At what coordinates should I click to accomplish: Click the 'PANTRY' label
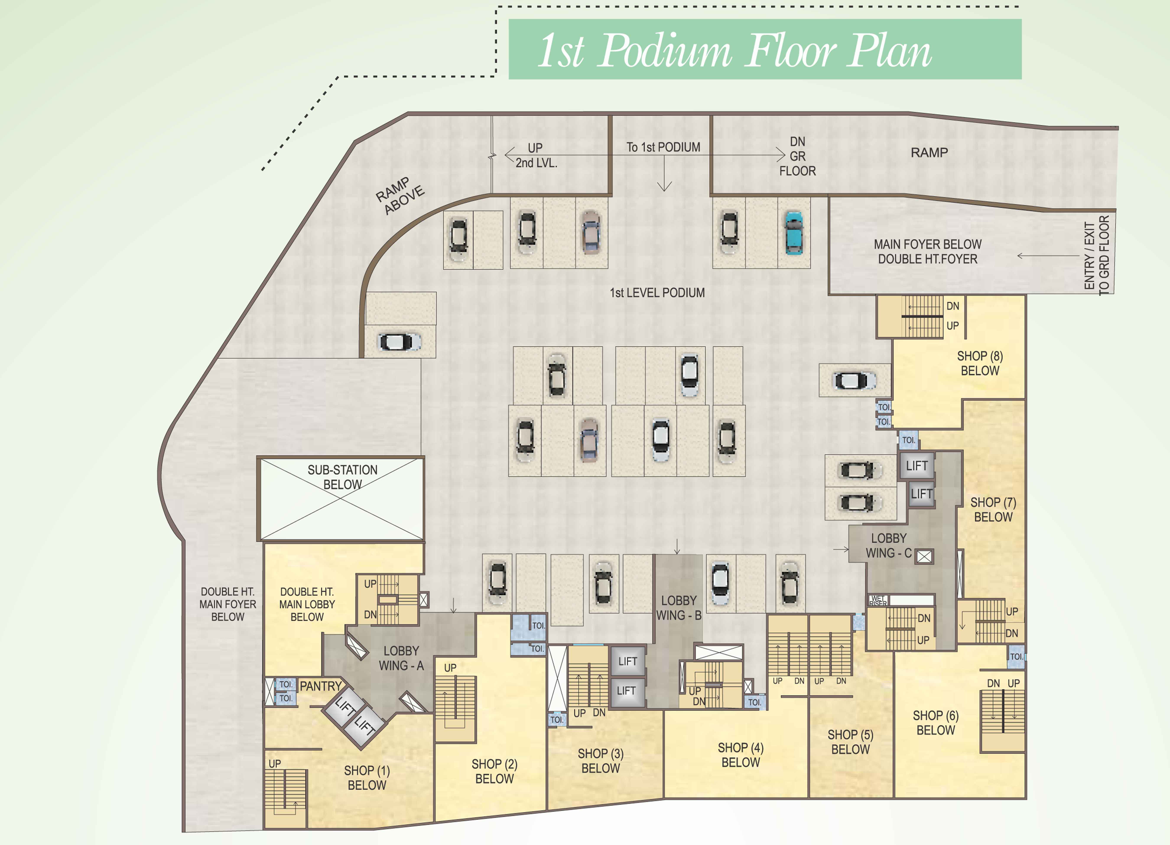pyautogui.click(x=320, y=686)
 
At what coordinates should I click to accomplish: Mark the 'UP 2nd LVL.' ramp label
pyautogui.click(x=536, y=155)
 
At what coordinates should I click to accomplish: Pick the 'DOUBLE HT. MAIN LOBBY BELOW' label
pyautogui.click(x=307, y=604)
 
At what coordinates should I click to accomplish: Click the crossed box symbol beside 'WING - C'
pyautogui.click(x=924, y=556)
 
